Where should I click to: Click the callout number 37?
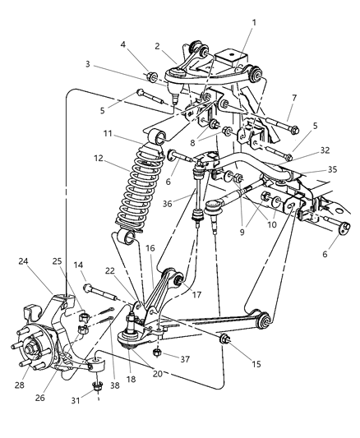click(x=185, y=358)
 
